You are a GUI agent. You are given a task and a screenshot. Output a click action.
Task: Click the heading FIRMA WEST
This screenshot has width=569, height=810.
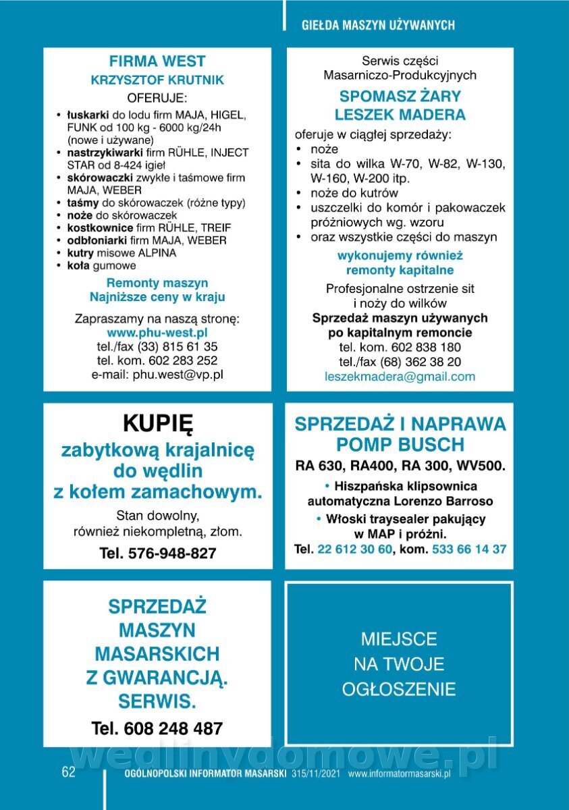click(157, 61)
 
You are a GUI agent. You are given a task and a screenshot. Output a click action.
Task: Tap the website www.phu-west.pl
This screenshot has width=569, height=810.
click(157, 333)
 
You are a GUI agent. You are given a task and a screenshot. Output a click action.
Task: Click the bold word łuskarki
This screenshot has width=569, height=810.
click(83, 115)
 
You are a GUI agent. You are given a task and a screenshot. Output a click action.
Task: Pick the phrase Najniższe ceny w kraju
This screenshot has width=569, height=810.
click(157, 297)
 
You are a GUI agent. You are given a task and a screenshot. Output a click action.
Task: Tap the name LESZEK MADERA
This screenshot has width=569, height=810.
click(400, 114)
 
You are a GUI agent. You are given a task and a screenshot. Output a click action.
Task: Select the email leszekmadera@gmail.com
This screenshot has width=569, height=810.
click(400, 377)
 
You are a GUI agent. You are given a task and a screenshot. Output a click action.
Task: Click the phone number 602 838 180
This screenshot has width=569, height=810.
click(419, 347)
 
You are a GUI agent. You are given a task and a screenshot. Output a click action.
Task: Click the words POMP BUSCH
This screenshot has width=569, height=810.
click(400, 445)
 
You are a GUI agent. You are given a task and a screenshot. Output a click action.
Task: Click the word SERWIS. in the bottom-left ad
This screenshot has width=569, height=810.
click(157, 701)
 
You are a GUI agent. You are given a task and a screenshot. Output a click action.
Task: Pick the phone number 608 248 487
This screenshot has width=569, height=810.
click(173, 728)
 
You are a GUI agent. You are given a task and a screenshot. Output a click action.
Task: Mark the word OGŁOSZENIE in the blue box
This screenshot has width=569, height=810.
click(399, 689)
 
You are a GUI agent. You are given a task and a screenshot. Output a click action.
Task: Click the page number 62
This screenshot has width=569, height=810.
click(69, 773)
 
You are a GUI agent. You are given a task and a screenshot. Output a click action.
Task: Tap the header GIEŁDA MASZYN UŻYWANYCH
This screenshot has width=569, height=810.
click(378, 25)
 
